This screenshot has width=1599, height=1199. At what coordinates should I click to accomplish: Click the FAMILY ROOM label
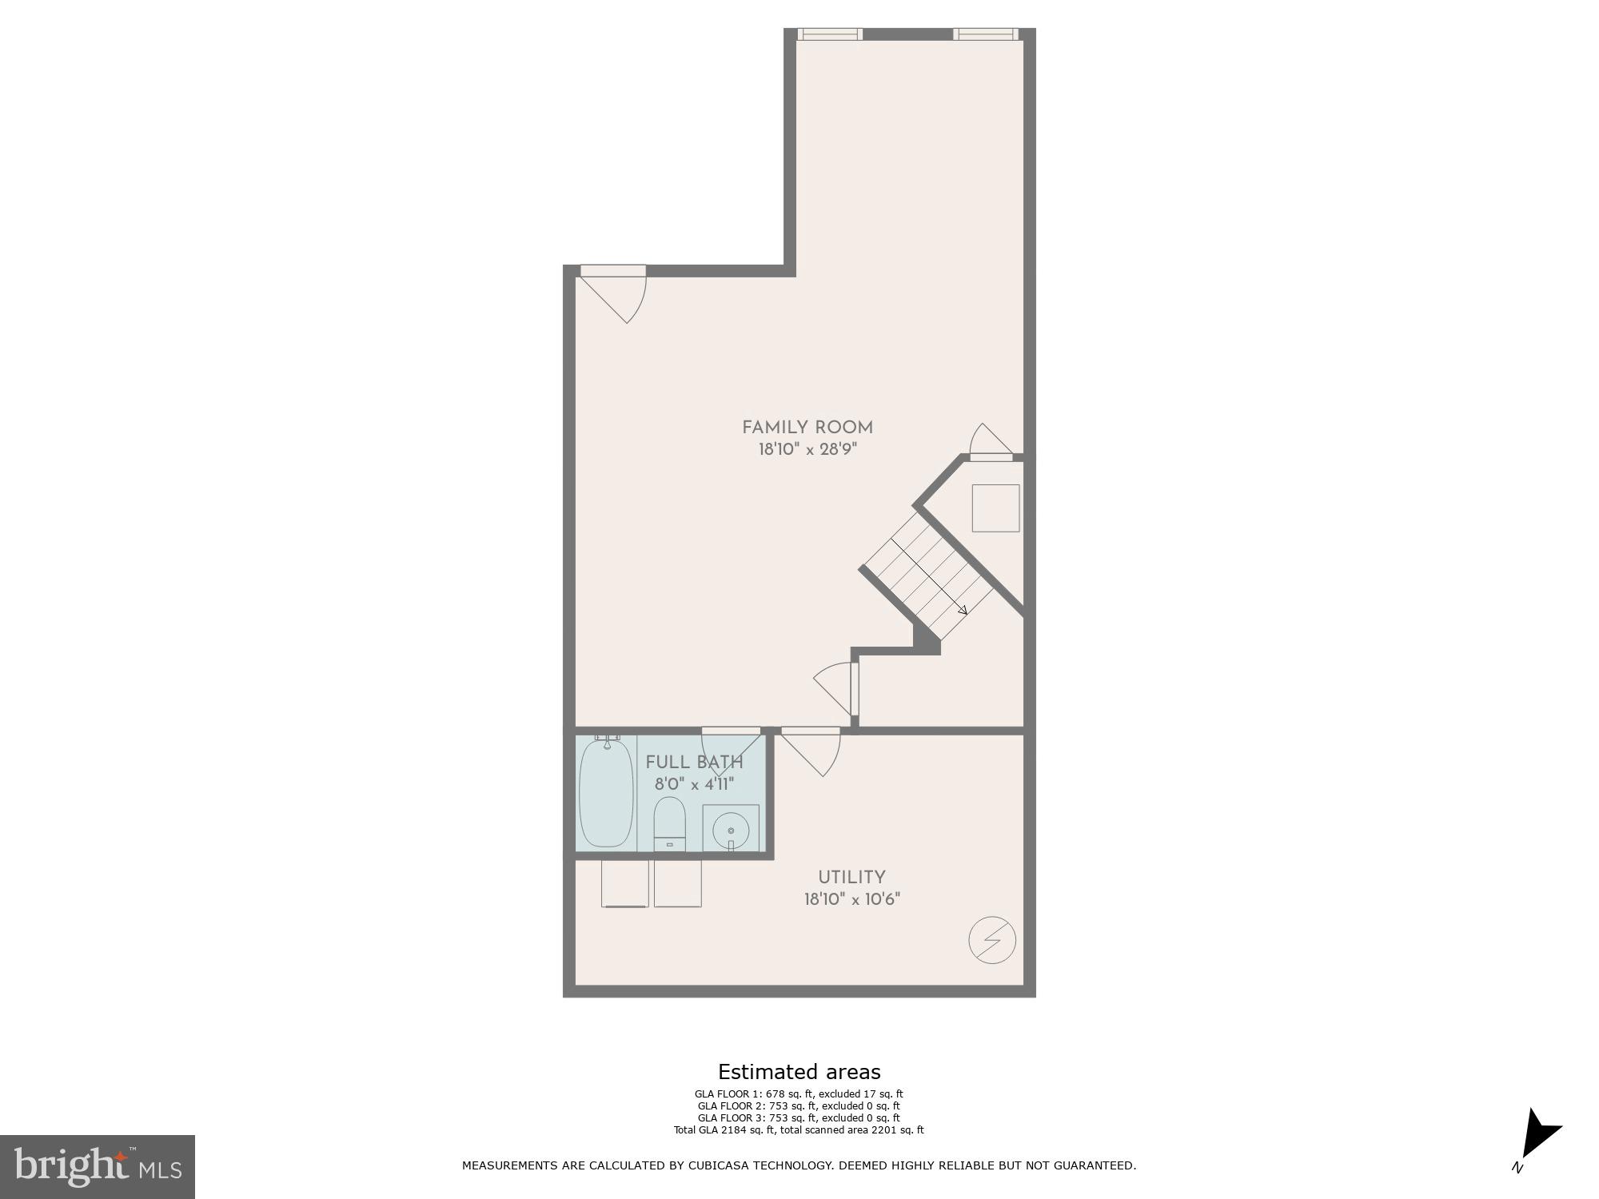click(x=807, y=428)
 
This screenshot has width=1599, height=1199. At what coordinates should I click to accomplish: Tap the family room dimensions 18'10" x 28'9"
click(x=807, y=450)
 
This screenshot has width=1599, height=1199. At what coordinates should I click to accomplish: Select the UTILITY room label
click(x=851, y=877)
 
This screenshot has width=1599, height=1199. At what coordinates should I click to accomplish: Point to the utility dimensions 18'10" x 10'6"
click(x=852, y=899)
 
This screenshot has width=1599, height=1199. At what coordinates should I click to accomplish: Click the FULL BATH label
click(x=694, y=762)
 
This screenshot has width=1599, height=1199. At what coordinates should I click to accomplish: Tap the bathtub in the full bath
click(x=606, y=793)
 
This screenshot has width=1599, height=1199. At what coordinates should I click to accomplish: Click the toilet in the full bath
click(x=670, y=822)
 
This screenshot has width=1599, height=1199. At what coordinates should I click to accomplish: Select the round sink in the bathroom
click(x=731, y=831)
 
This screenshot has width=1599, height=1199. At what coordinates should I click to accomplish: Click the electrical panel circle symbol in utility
click(x=992, y=941)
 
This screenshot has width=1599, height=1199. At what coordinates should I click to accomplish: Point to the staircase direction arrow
click(x=963, y=610)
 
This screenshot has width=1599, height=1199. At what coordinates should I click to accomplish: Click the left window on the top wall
click(x=830, y=34)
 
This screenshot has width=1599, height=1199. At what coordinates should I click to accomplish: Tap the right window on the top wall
click(x=985, y=34)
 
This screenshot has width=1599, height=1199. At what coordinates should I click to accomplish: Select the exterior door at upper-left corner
click(x=614, y=272)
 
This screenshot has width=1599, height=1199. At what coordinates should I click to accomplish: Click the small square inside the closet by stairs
click(x=995, y=508)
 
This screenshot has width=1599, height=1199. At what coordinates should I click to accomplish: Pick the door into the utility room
click(x=811, y=731)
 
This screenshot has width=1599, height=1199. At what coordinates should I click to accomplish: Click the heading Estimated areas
click(x=799, y=1072)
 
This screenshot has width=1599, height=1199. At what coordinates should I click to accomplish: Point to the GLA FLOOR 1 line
click(x=799, y=1094)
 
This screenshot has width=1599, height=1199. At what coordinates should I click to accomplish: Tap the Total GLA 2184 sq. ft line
click(x=799, y=1129)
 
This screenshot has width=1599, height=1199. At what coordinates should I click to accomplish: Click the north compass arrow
click(x=1540, y=1133)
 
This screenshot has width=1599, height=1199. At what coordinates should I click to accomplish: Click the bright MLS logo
click(x=97, y=1166)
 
